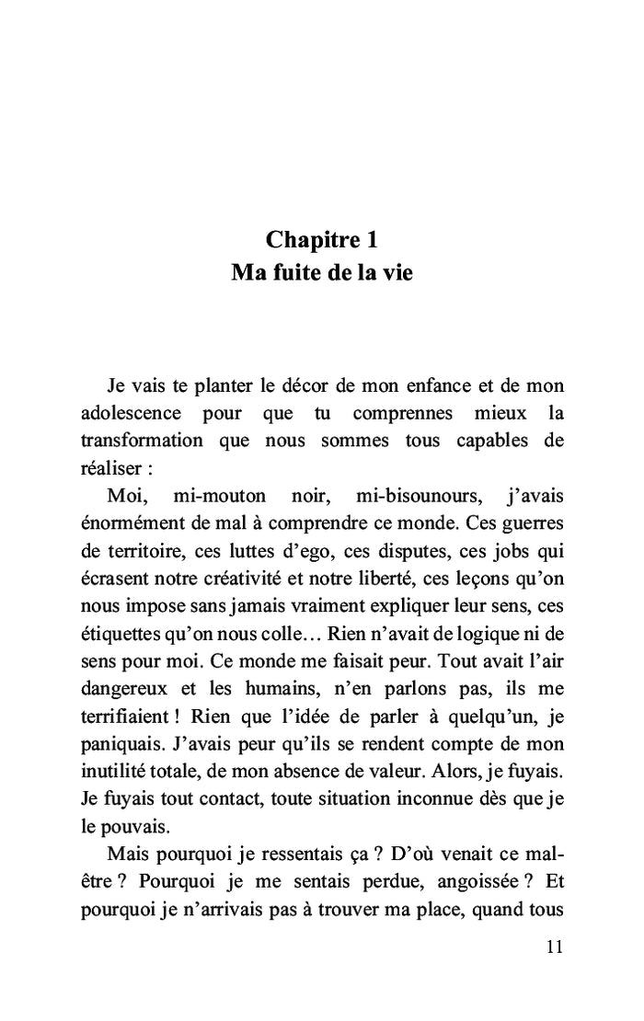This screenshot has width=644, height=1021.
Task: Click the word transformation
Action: click(x=142, y=440)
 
